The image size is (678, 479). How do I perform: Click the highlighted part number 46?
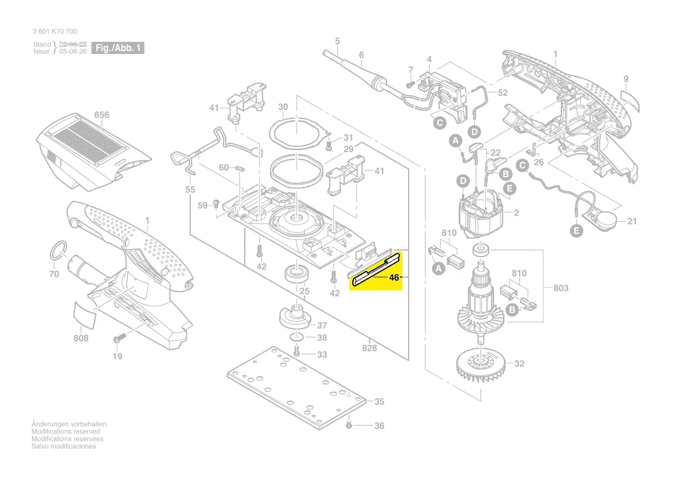coord(394,278)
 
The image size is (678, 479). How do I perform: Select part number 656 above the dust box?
coord(102,115)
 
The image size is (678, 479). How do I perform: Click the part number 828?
coord(369,348)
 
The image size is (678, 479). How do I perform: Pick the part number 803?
coord(561,288)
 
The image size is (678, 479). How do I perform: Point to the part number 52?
coord(502,92)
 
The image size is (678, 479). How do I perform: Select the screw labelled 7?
coord(409,84)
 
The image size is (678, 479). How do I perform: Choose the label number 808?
coord(81,338)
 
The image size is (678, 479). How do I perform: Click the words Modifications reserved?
coord(66,431)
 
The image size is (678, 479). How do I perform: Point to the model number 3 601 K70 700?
coord(55,31)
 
